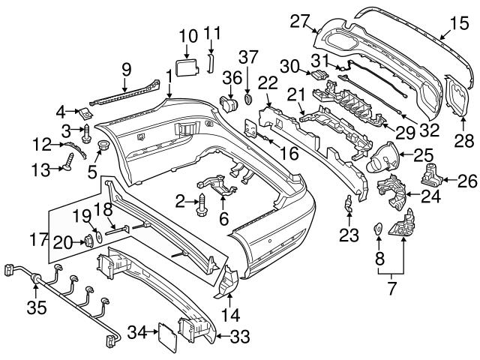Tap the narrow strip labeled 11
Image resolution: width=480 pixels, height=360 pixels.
(x=211, y=62)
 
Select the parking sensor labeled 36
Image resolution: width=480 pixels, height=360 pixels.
(x=228, y=103)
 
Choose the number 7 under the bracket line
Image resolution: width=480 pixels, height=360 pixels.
(x=390, y=287)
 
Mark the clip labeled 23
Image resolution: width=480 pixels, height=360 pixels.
(x=349, y=203)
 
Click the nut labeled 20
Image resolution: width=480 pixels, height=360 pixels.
(x=86, y=240)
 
